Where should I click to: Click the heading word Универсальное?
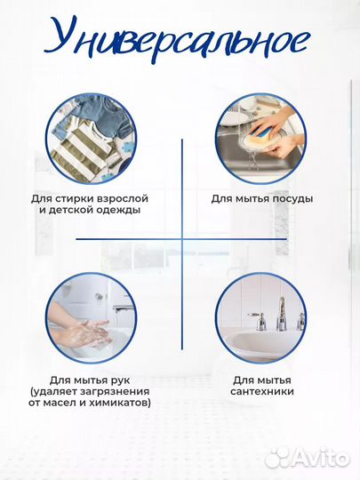pyautogui.click(x=177, y=40)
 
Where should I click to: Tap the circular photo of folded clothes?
pyautogui.click(x=92, y=139)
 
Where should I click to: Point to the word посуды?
pyautogui.click(x=292, y=199)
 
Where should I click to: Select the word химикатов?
pyautogui.click(x=120, y=403)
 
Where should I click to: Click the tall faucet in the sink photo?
pyautogui.click(x=281, y=310)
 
